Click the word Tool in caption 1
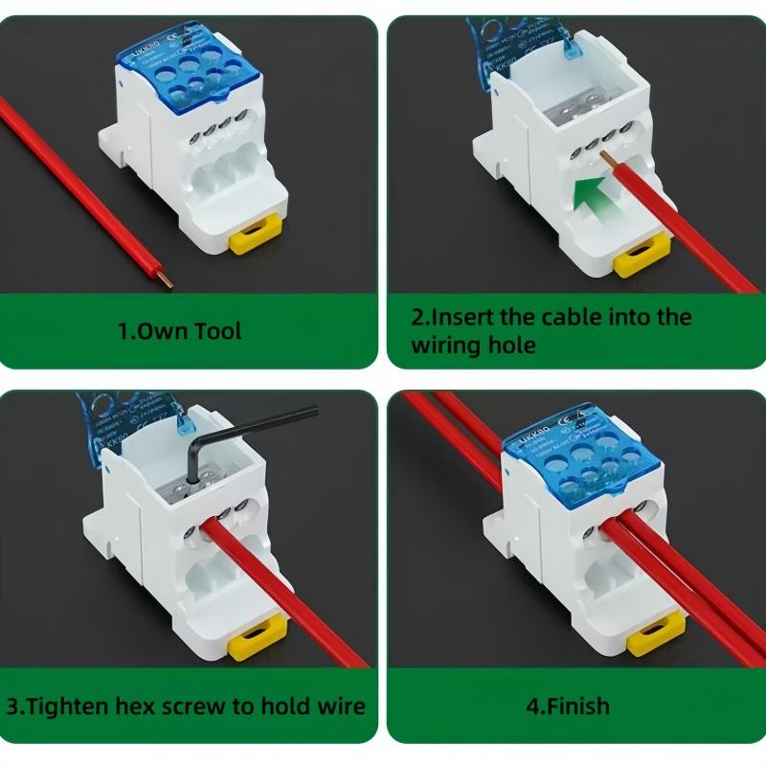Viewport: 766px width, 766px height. pos(218,331)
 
